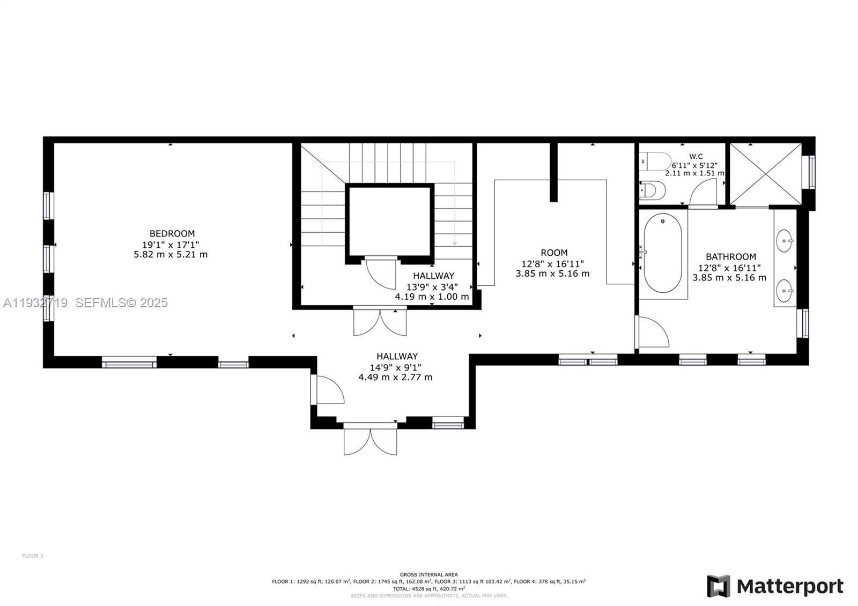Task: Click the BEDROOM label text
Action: click(172, 233)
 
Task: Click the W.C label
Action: click(696, 157)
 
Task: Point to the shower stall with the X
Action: click(766, 174)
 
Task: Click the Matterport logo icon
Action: click(719, 586)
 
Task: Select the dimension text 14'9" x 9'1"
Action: click(396, 367)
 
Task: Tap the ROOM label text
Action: click(553, 253)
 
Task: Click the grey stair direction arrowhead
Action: click(454, 243)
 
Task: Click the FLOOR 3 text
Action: click(33, 556)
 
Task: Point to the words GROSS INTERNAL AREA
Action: click(428, 574)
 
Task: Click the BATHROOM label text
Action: click(730, 257)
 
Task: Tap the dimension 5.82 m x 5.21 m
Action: click(171, 254)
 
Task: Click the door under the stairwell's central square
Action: click(381, 274)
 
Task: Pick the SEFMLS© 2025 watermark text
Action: click(121, 303)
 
